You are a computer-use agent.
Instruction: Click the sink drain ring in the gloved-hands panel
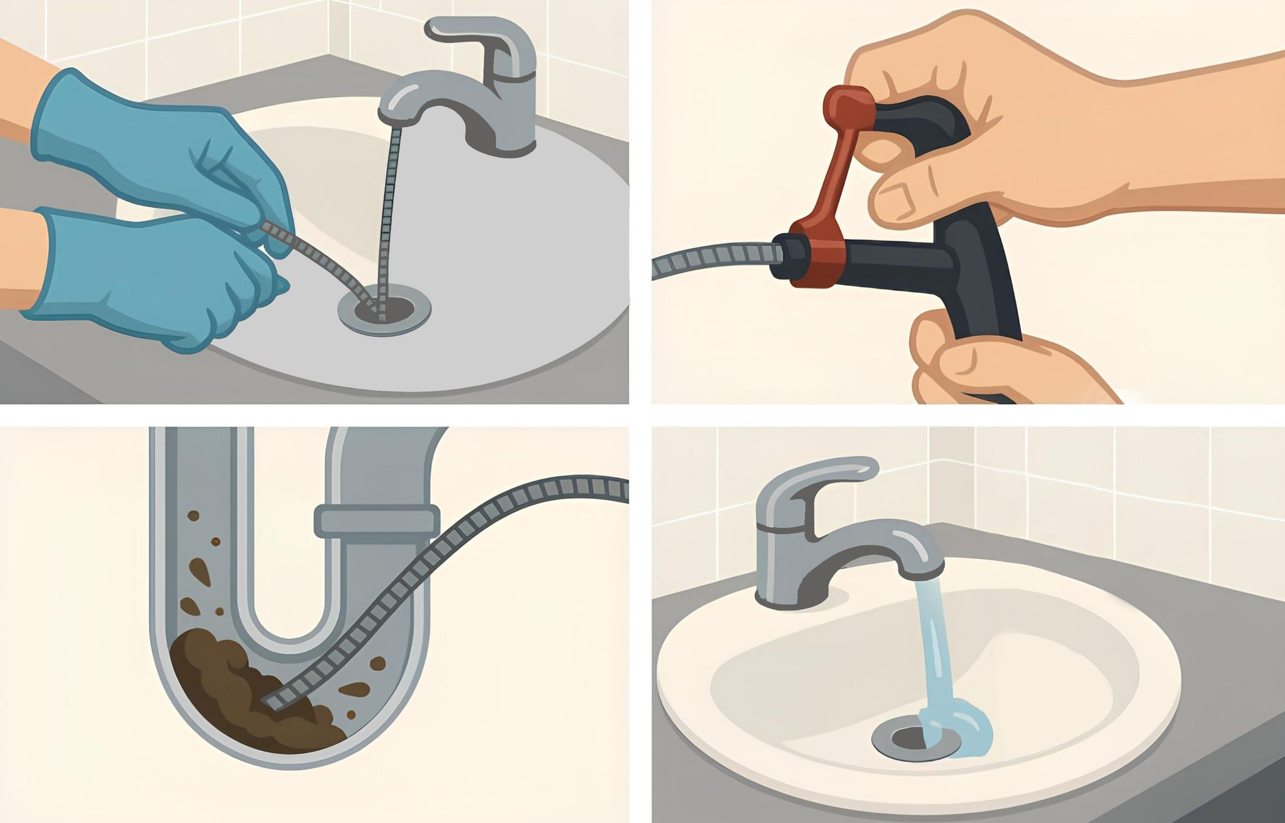pyautogui.click(x=384, y=310)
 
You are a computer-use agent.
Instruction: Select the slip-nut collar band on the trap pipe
pyautogui.click(x=377, y=520)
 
